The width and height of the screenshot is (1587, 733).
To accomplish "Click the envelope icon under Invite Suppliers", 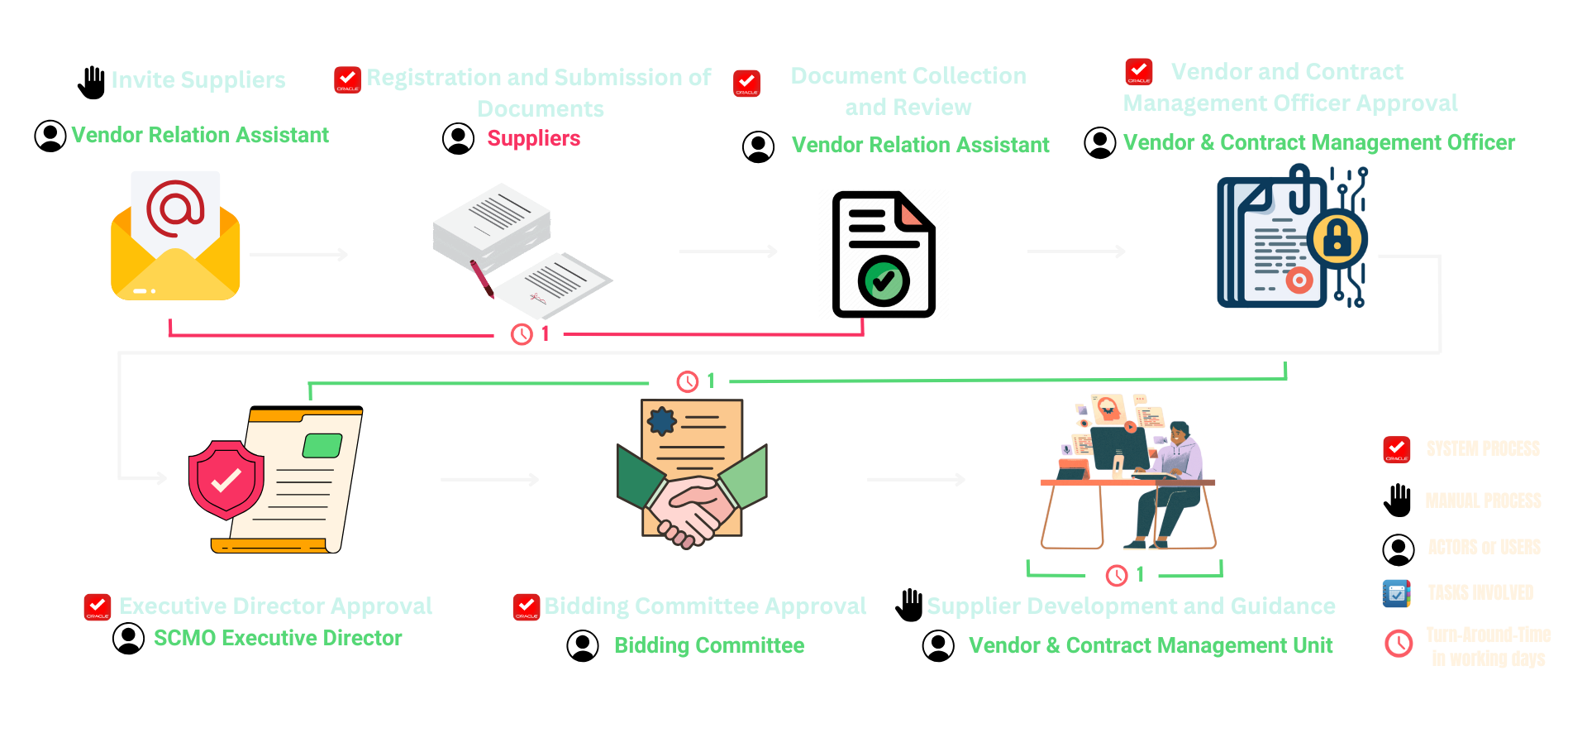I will point(175,237).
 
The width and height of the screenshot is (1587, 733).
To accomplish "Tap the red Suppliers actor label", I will point(533,138).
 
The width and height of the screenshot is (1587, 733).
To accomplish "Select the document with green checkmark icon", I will point(884,255).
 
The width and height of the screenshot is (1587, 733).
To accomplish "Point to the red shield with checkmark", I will point(226,480).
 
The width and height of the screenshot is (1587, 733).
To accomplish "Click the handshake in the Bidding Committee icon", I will point(692,508).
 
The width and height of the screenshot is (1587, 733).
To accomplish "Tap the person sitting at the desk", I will point(1174,480).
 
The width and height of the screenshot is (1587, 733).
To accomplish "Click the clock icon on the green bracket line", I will point(688,381).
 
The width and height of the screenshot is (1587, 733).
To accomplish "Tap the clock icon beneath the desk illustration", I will point(1117,575).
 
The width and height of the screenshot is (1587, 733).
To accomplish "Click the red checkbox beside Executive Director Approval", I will point(98,607).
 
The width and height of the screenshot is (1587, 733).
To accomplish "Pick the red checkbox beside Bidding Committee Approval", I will point(526,607).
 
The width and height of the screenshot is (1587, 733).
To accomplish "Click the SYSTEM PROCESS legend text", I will point(1483,449).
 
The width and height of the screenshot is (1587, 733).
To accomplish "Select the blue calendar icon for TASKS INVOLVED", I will point(1396,593).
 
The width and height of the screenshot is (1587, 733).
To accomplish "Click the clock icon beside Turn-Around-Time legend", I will point(1399,644).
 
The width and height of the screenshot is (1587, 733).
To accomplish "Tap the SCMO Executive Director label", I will point(278,638).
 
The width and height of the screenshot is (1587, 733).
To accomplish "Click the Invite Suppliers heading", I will point(198,80).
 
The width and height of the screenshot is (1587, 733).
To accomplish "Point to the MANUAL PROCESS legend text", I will point(1483,501).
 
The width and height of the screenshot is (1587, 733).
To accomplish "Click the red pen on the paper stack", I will point(481,279).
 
